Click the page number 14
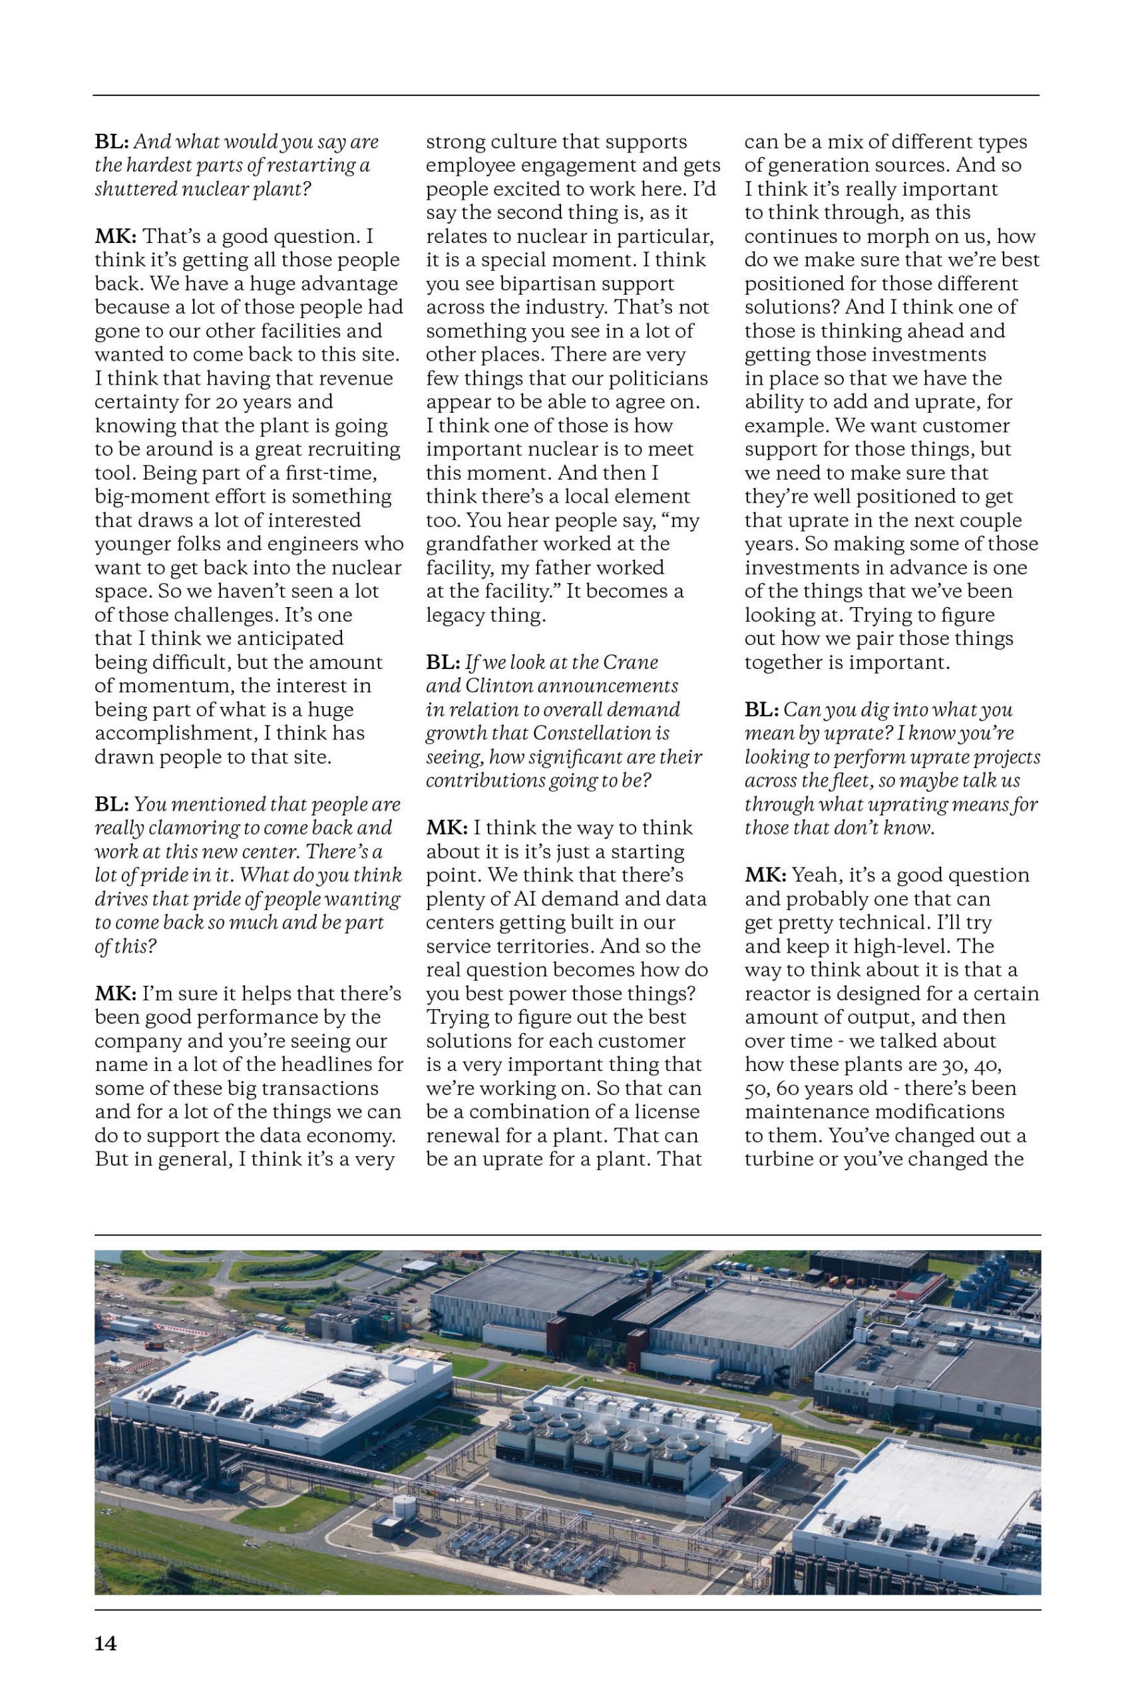click(106, 1643)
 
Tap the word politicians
click(655, 378)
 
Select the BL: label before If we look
click(442, 662)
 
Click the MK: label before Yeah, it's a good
click(765, 875)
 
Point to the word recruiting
click(354, 449)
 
